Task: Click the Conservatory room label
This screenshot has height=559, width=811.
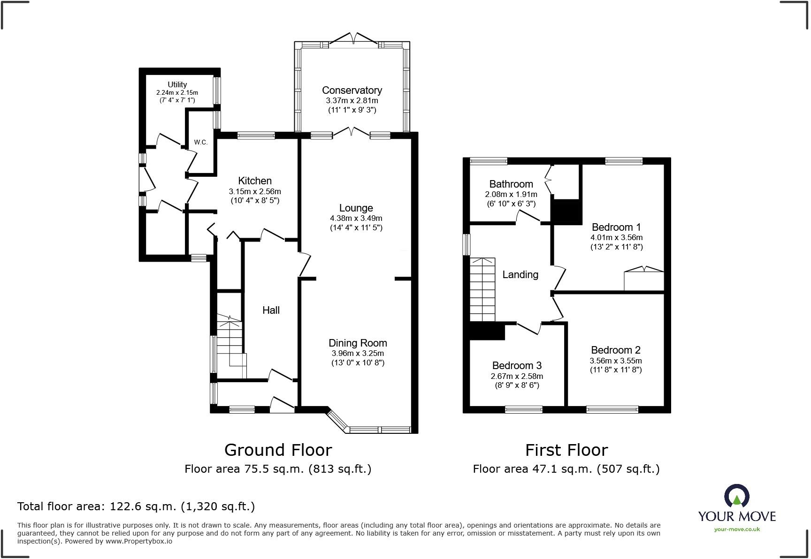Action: (352, 90)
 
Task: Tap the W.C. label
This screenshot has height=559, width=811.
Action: (201, 142)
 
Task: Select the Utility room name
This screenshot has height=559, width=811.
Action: (177, 84)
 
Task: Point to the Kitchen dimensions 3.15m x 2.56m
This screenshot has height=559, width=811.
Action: (255, 191)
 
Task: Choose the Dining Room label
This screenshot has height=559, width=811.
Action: (358, 343)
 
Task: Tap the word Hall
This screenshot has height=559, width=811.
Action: (271, 310)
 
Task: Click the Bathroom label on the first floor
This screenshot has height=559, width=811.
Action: (511, 184)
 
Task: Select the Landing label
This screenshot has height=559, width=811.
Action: (520, 274)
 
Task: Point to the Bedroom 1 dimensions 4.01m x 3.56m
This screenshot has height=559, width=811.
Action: (617, 237)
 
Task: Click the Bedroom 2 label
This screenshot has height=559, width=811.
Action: (616, 350)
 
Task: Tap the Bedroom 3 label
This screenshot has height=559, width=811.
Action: (517, 365)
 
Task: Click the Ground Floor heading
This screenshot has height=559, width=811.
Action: (278, 450)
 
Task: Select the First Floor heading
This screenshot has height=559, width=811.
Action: (566, 450)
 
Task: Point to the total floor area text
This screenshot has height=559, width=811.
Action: (136, 506)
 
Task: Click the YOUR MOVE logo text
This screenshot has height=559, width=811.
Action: (737, 516)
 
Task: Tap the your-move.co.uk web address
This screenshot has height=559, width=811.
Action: (737, 529)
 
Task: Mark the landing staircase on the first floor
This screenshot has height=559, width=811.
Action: (482, 289)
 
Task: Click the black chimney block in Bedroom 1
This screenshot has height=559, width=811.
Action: (566, 212)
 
